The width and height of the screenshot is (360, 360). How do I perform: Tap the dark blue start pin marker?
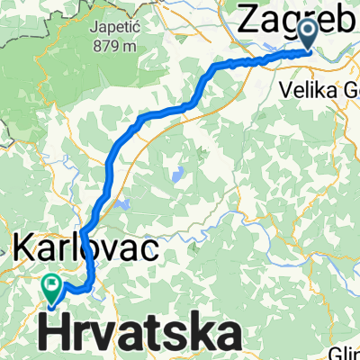pyautogui.click(x=307, y=34)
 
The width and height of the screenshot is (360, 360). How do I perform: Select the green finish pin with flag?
pyautogui.click(x=53, y=289)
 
